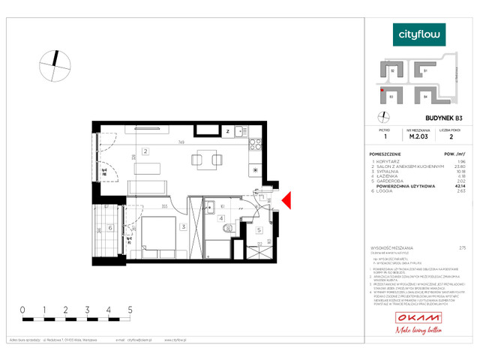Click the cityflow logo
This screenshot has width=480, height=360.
pos(420,34)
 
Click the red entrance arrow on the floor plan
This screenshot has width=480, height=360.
pos(286,199)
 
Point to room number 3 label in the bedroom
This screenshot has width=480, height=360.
pos(182,226)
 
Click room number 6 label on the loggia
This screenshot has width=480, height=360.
pos(110,228)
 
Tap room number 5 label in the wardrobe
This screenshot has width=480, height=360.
pos(259,230)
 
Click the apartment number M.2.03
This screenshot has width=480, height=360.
pos(416,136)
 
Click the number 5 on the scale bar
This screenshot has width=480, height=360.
pos(130,309)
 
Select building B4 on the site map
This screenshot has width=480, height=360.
pos(425,96)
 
